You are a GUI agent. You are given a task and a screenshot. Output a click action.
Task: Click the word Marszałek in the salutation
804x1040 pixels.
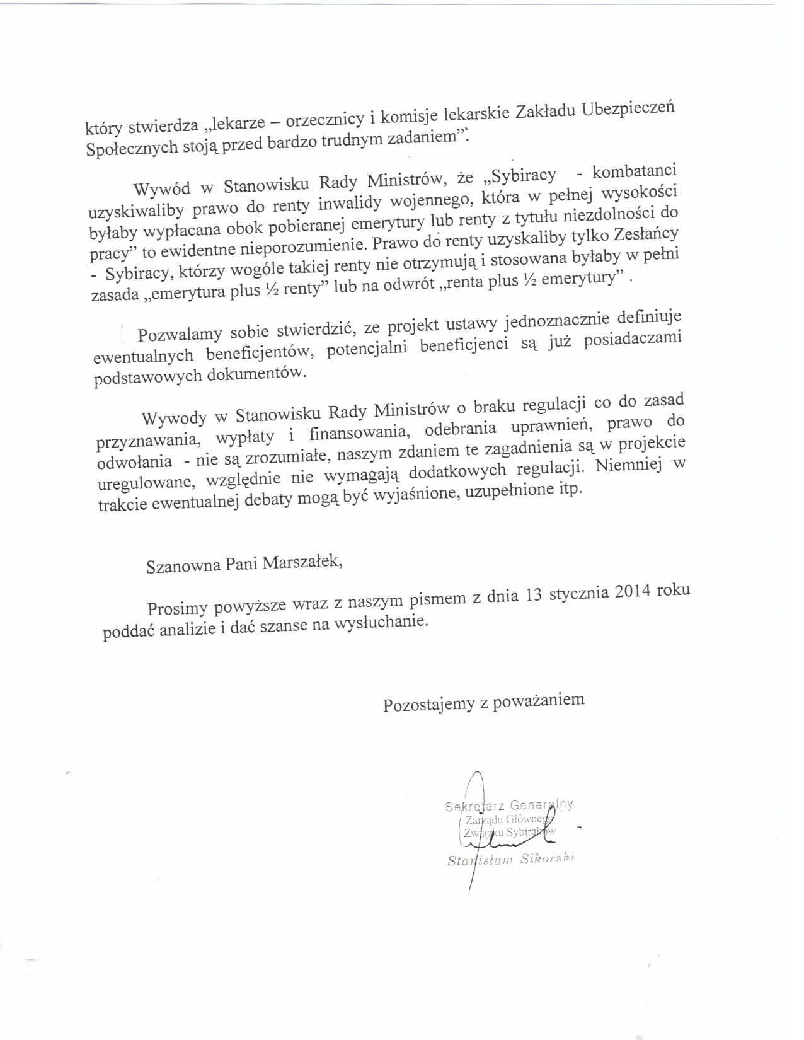[x=302, y=562]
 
